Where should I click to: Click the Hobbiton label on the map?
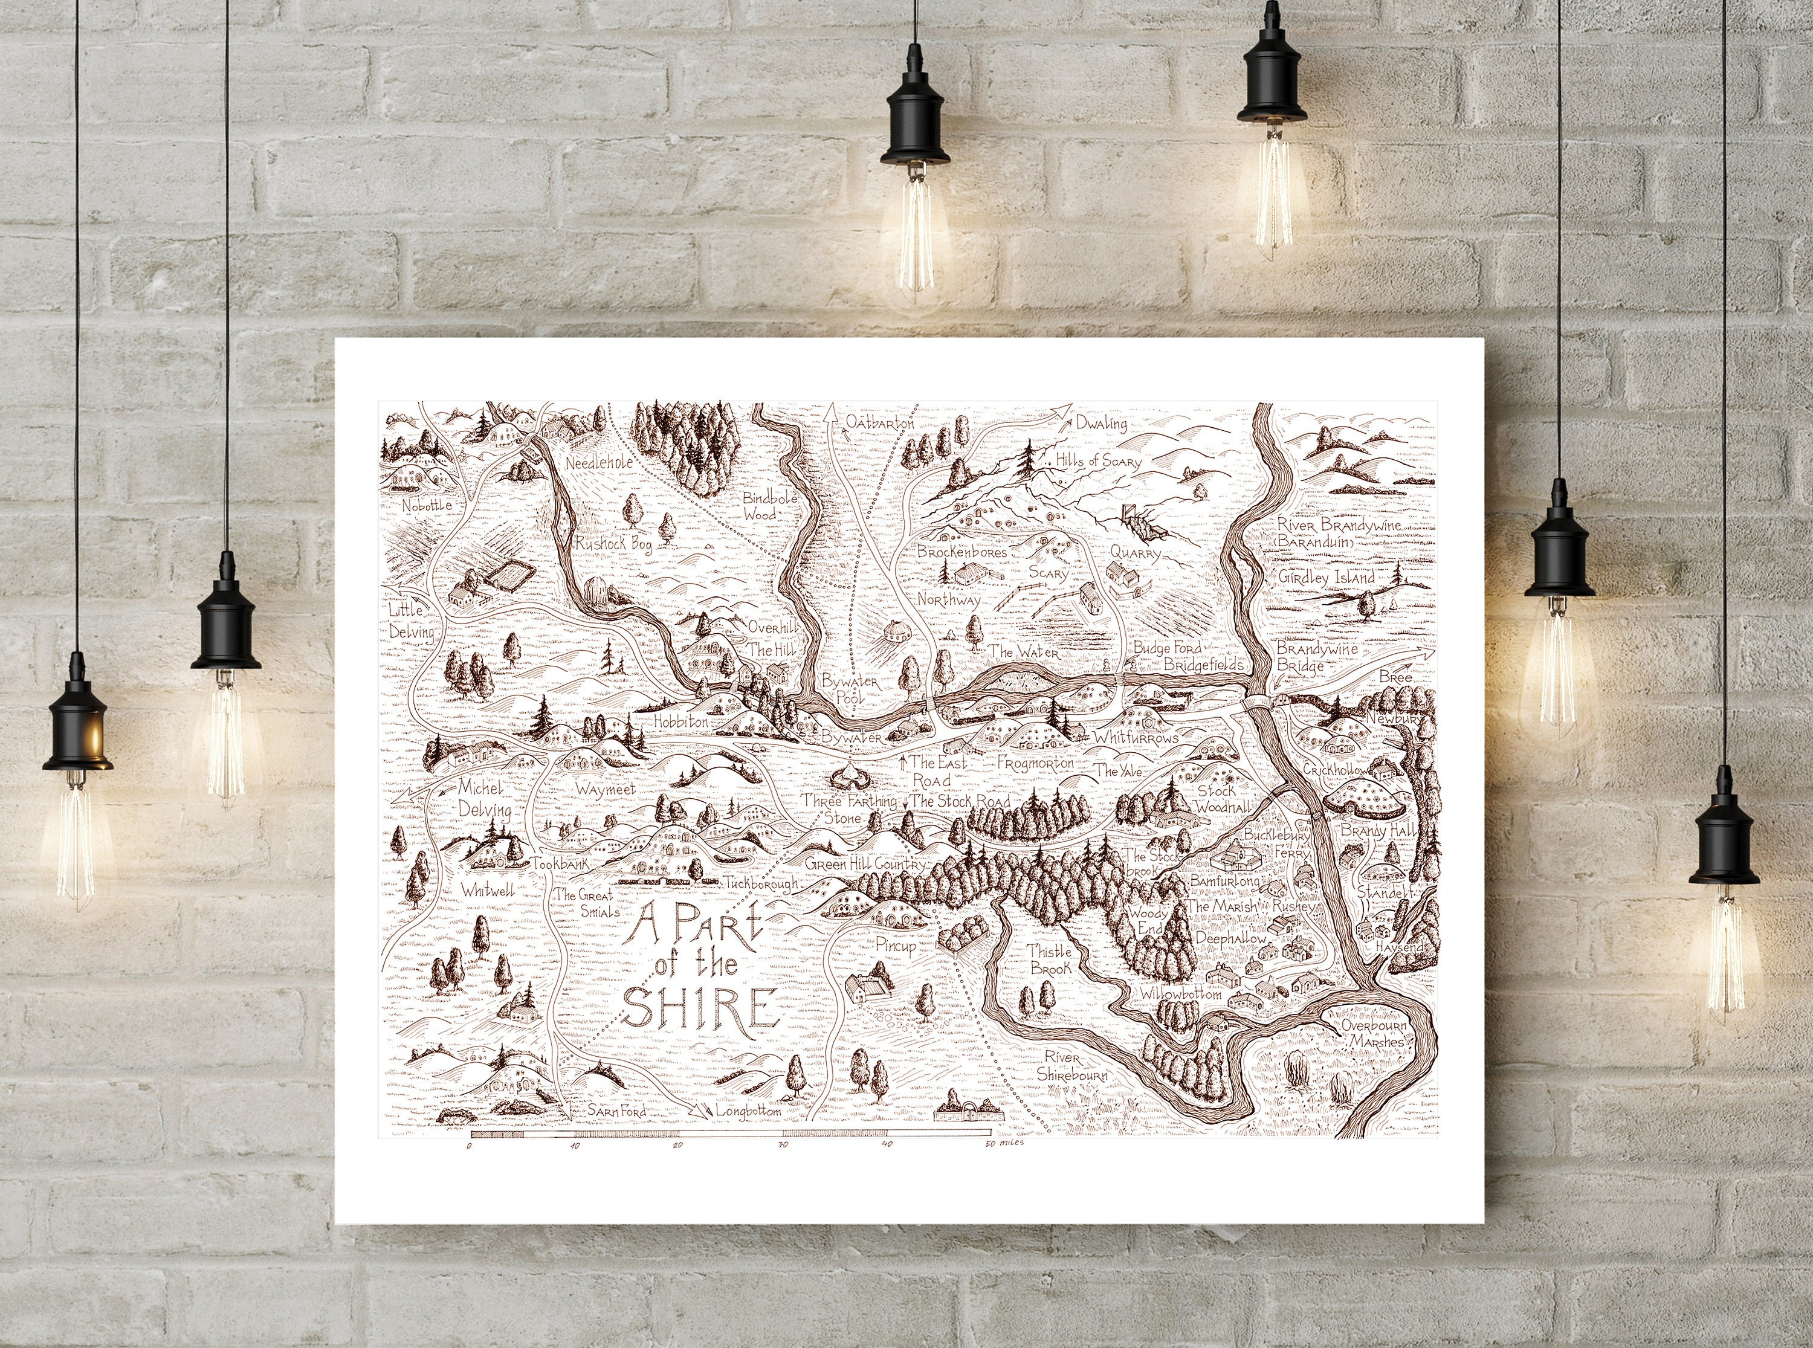pyautogui.click(x=680, y=721)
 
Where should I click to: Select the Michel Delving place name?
pyautogui.click(x=484, y=799)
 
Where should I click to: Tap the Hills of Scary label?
pyautogui.click(x=1097, y=461)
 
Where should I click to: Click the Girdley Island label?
pyautogui.click(x=1326, y=578)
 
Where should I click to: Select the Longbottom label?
pyautogui.click(x=748, y=1111)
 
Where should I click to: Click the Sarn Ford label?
pyautogui.click(x=617, y=1111)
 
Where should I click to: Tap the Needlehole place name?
pyautogui.click(x=599, y=462)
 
